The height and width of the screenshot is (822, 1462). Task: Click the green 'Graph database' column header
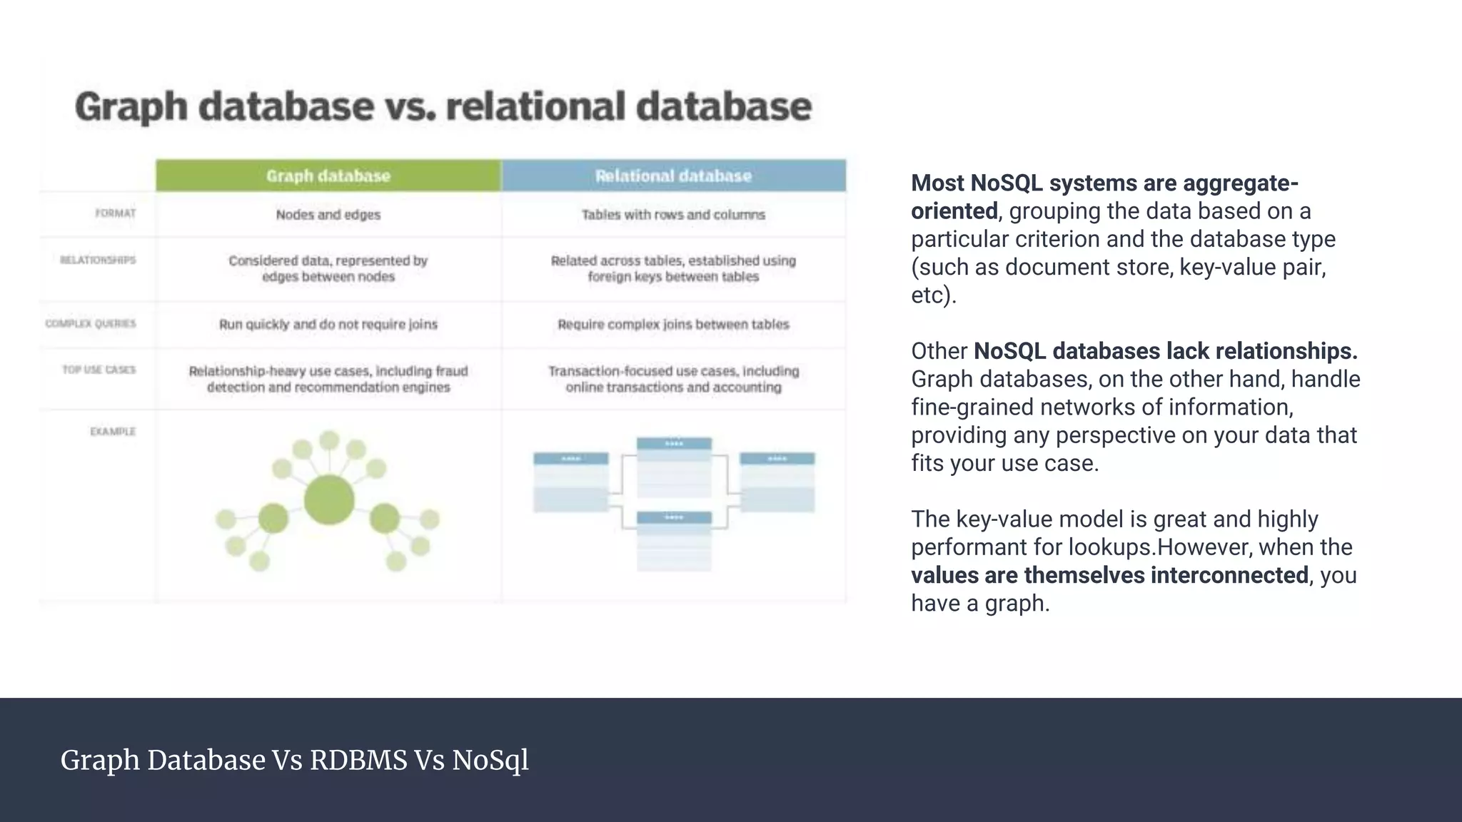pyautogui.click(x=328, y=176)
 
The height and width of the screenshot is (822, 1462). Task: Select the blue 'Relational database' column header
pyautogui.click(x=673, y=176)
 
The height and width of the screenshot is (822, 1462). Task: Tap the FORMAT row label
pyautogui.click(x=115, y=213)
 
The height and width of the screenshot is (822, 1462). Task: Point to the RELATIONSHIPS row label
pyautogui.click(x=98, y=260)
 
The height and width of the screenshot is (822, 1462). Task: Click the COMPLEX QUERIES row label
pyautogui.click(x=91, y=323)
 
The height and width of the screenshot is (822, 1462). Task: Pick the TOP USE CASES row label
pyautogui.click(x=99, y=370)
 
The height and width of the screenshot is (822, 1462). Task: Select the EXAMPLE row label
pyautogui.click(x=113, y=431)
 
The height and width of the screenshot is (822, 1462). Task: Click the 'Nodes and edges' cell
pyautogui.click(x=328, y=214)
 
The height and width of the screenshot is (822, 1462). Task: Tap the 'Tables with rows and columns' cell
pyautogui.click(x=673, y=214)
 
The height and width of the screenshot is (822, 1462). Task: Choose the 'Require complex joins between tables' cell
pyautogui.click(x=673, y=324)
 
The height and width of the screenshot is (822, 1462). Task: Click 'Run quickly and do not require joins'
pyautogui.click(x=328, y=324)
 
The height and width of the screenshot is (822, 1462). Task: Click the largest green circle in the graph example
pyautogui.click(x=329, y=499)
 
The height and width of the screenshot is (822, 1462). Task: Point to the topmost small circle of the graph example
pyautogui.click(x=329, y=440)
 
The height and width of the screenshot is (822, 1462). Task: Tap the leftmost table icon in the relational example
pyautogui.click(x=571, y=482)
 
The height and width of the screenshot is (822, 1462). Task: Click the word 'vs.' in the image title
pyautogui.click(x=410, y=106)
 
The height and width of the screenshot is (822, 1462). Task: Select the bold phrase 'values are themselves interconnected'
pyautogui.click(x=1109, y=575)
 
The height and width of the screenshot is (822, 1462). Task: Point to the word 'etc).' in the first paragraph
pyautogui.click(x=933, y=295)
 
